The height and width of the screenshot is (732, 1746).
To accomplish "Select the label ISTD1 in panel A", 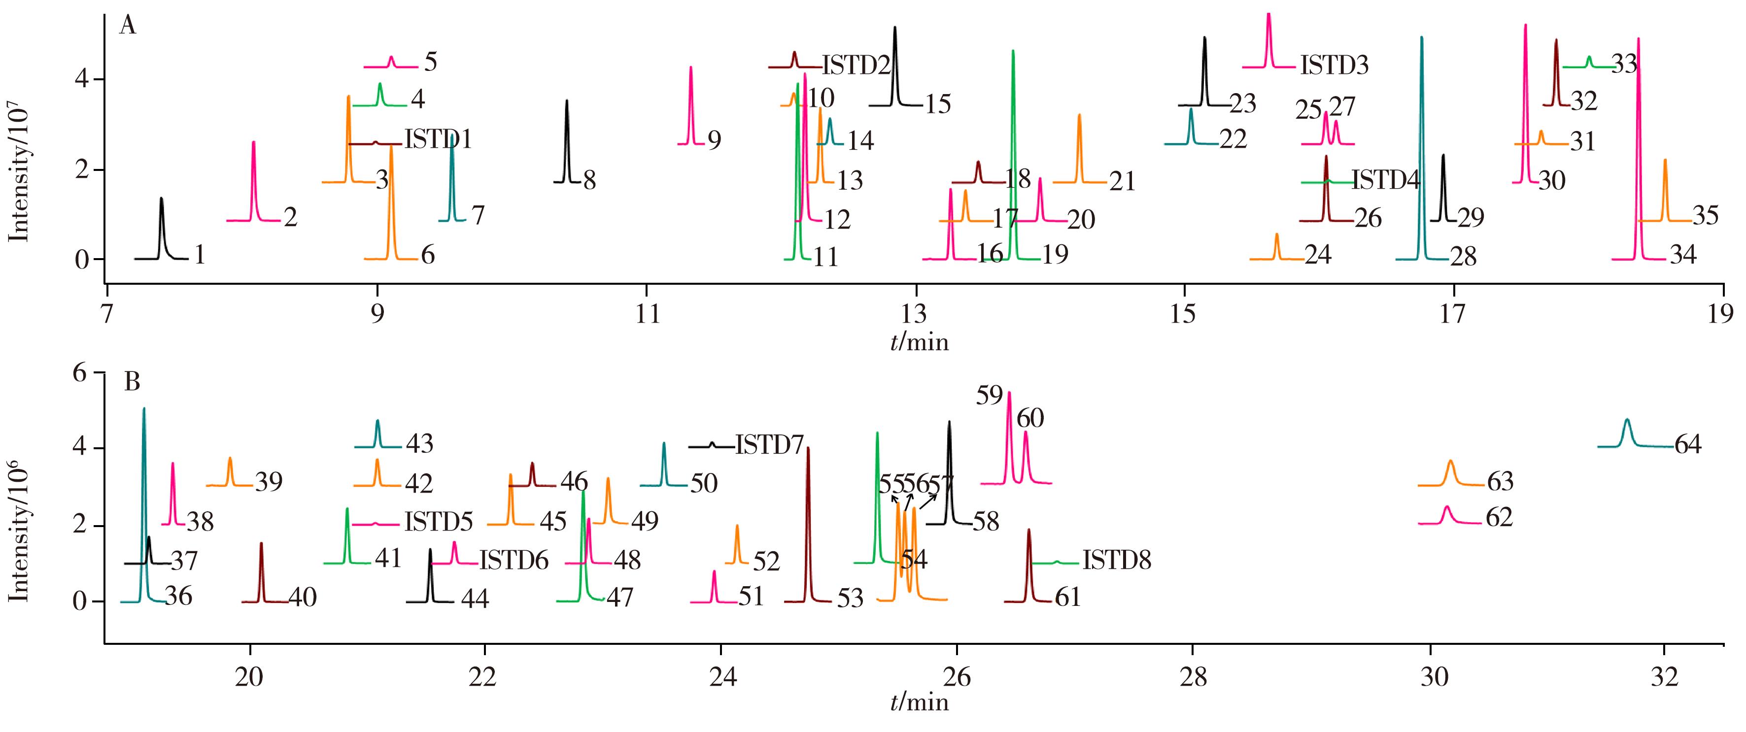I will pyautogui.click(x=438, y=139).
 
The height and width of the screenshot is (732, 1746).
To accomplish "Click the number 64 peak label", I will pyautogui.click(x=1688, y=445).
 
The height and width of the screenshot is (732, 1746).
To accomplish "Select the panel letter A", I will pyautogui.click(x=128, y=27).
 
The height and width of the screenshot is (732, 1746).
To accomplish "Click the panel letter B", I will pyautogui.click(x=132, y=383).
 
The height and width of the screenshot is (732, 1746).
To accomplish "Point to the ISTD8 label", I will pyautogui.click(x=1116, y=561).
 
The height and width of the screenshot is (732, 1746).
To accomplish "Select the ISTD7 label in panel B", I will pyautogui.click(x=769, y=445).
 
